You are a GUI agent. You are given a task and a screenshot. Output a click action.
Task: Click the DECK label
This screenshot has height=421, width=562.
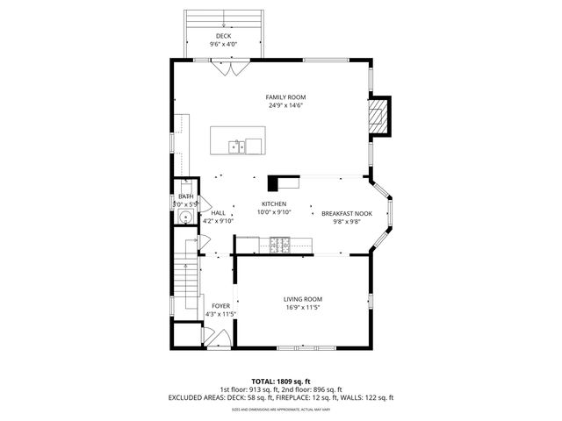click(224, 36)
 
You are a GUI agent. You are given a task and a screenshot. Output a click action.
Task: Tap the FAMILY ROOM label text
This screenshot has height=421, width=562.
click(286, 97)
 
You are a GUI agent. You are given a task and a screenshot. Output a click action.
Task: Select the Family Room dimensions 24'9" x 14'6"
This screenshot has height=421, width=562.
click(286, 106)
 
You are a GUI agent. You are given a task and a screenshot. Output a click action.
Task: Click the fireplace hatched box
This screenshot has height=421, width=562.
click(378, 115)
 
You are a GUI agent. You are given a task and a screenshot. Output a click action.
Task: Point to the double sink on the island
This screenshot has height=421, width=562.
click(237, 146)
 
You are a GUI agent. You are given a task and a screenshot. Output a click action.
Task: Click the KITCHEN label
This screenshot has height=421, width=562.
click(274, 203)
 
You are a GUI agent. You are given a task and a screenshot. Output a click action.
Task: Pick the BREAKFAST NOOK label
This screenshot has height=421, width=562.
click(347, 213)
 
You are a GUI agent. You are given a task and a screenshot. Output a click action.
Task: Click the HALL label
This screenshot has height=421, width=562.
click(218, 212)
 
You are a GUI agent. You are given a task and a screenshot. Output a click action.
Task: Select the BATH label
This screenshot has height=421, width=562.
click(186, 196)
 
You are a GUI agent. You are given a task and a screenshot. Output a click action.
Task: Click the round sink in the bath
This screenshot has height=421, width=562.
click(185, 217)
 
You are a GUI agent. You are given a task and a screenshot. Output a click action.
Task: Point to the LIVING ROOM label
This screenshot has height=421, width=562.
click(303, 299)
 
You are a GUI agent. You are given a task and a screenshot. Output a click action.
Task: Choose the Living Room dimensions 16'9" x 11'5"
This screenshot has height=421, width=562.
click(303, 308)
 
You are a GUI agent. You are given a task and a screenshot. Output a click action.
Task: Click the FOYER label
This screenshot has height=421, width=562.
click(220, 306)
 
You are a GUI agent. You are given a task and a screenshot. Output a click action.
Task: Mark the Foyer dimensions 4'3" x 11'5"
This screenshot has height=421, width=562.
click(220, 314)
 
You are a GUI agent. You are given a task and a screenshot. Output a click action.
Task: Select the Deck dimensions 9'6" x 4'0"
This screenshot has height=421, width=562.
click(224, 44)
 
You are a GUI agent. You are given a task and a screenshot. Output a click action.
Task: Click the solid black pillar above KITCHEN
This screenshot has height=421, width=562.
click(274, 182)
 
